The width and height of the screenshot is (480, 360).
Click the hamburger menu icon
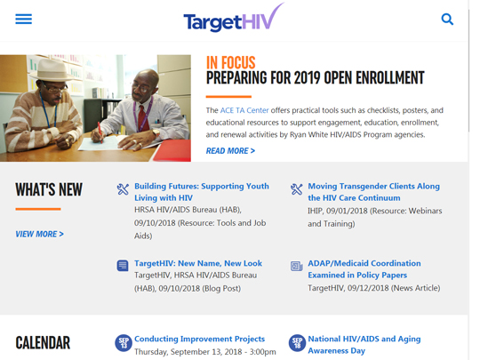coord(24,19)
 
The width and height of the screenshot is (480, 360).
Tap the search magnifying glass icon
coord(447,19)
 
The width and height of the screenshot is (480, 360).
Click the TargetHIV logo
coord(234,18)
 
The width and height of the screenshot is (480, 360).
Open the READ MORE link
coord(230,151)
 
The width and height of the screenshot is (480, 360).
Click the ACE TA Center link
coord(244,110)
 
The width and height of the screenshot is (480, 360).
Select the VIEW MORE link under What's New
coord(39,234)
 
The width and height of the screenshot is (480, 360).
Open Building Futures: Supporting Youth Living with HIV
coord(202,192)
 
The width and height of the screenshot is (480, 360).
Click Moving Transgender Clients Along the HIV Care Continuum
coord(373,192)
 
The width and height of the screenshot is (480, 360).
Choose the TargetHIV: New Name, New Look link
coord(198,263)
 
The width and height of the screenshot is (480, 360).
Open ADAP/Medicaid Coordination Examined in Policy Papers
coord(364,269)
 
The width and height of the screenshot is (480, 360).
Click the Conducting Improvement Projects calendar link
coord(199,339)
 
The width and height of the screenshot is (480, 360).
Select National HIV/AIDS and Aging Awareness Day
coord(364,345)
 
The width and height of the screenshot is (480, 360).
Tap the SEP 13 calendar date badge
coord(124,343)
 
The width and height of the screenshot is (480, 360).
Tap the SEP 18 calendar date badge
coord(297,343)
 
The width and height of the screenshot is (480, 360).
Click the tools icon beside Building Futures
coord(123,189)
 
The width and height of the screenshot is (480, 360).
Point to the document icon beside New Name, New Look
coord(123,266)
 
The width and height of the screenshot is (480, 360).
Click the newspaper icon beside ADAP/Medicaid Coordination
coord(296,266)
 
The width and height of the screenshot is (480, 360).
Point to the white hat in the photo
coord(52,70)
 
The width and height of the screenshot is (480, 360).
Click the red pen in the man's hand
coord(100,132)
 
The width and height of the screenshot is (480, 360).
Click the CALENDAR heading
coord(43,343)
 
